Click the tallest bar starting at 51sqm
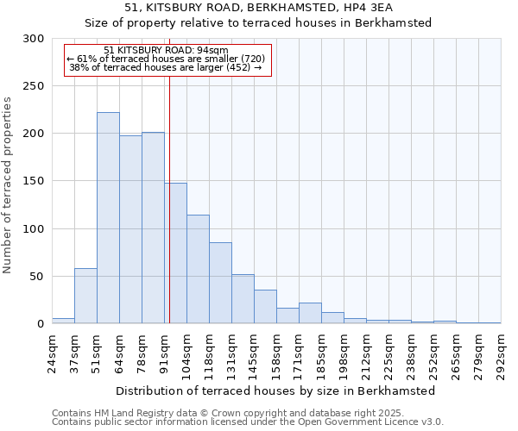[108, 218]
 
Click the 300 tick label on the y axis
[35, 39]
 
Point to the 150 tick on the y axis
[35, 181]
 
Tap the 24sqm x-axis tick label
[53, 352]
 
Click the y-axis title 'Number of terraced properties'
[9, 185]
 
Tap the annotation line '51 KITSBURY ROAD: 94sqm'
[166, 50]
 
